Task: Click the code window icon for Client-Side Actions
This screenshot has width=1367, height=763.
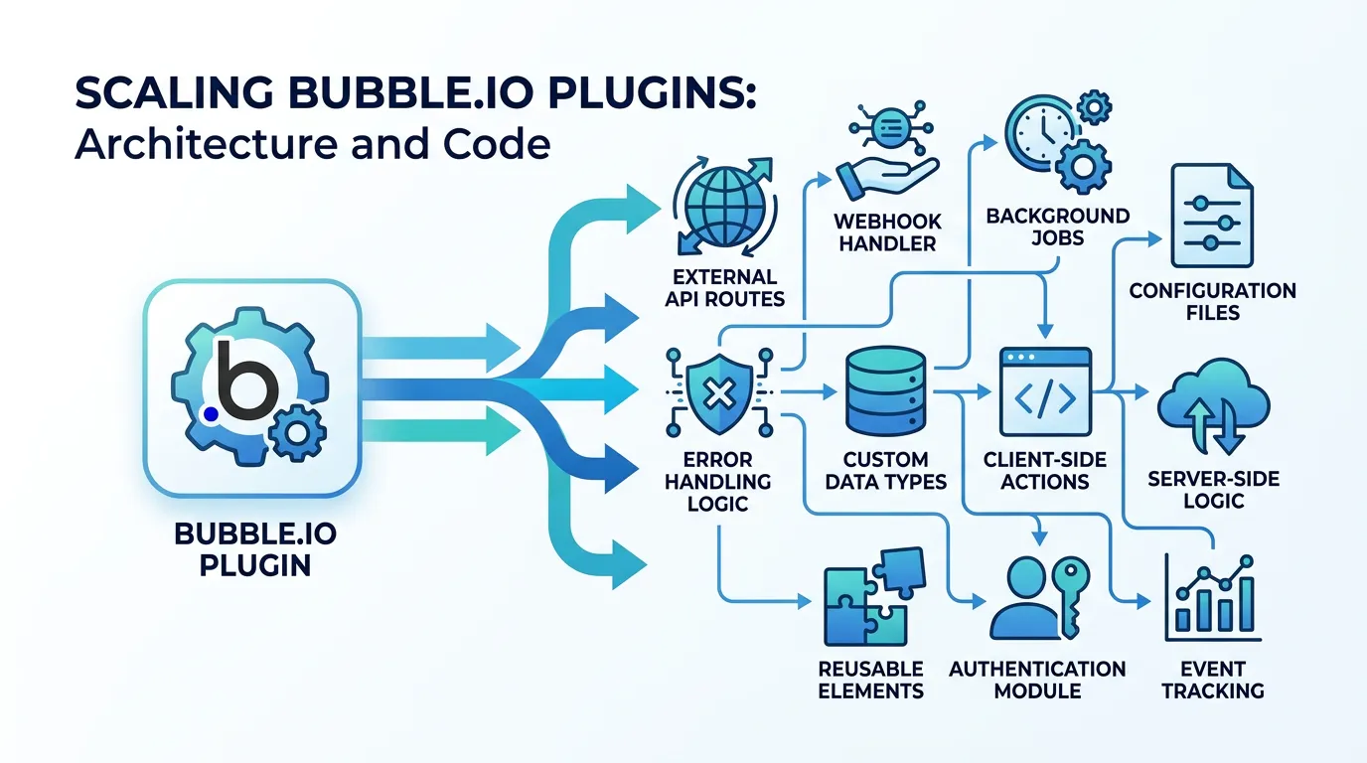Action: click(1043, 391)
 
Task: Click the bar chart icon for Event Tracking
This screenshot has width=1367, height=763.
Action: click(1212, 600)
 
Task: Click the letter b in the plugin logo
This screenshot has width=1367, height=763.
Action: click(240, 381)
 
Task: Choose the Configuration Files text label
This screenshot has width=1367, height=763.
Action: click(1212, 301)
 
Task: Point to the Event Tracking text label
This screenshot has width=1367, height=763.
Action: click(1212, 680)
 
